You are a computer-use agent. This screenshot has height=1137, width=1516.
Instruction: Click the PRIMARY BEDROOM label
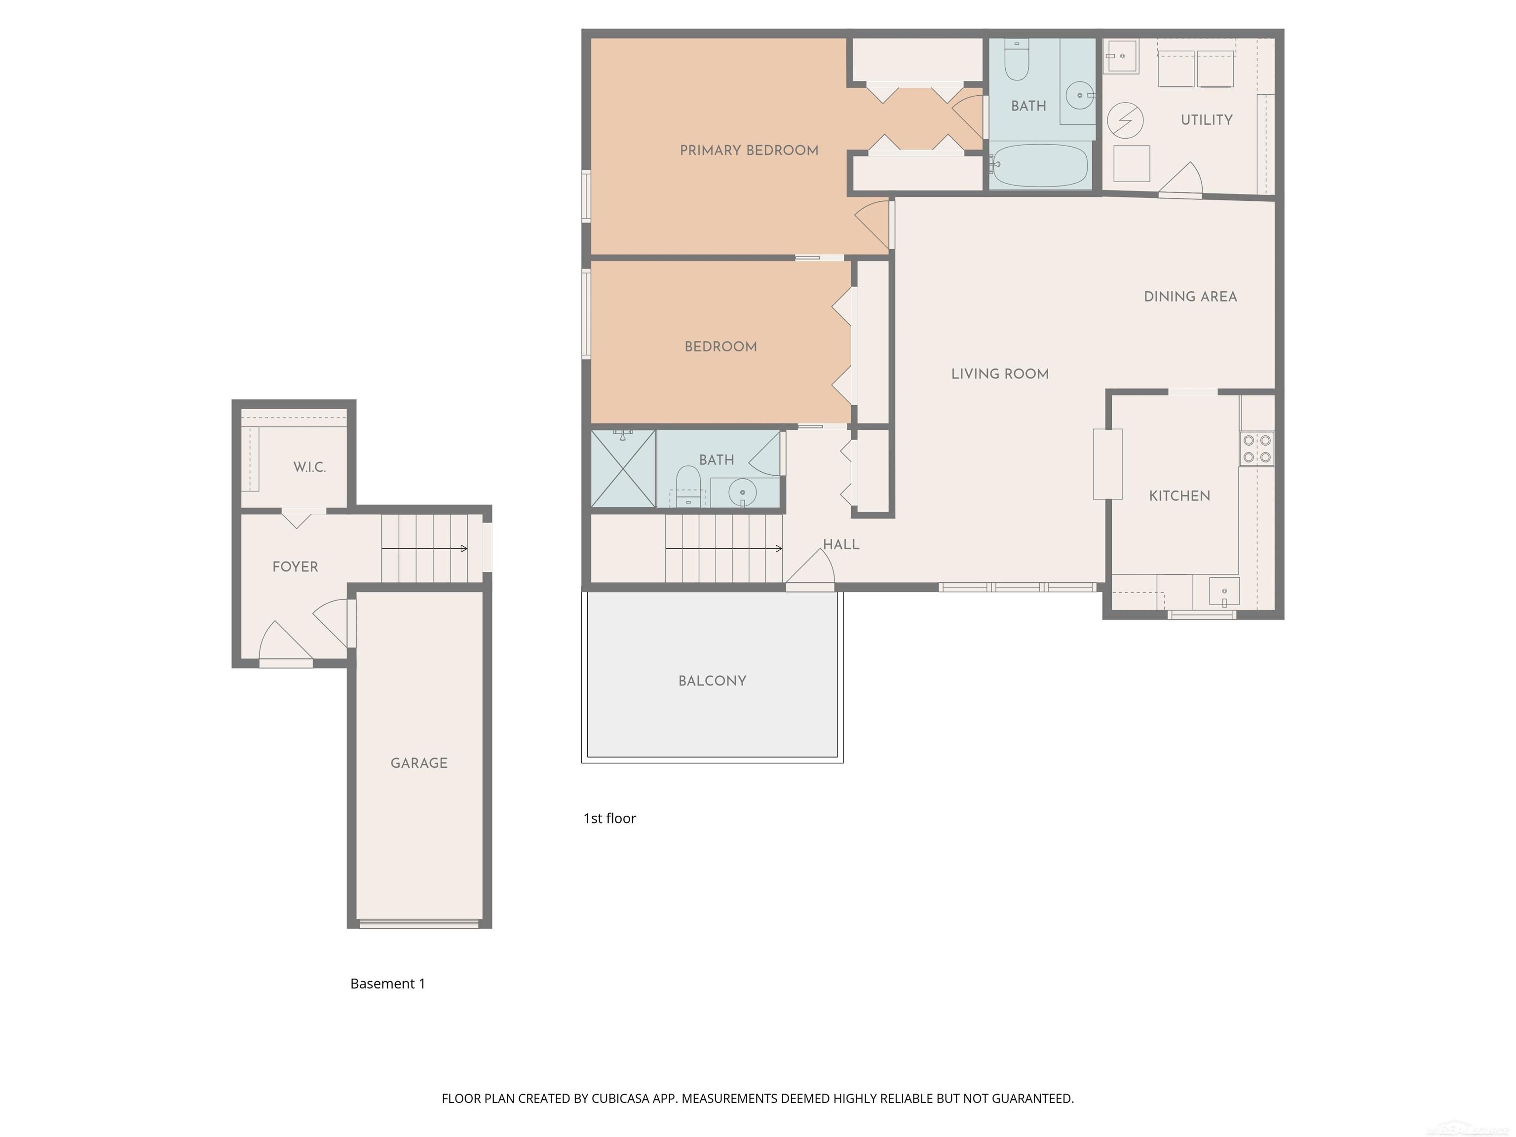(x=749, y=150)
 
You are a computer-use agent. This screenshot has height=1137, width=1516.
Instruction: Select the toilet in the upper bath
(x=1017, y=62)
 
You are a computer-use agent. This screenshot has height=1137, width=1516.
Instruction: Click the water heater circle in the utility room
(x=1125, y=120)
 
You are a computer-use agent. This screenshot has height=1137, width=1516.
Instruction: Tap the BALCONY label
(x=712, y=681)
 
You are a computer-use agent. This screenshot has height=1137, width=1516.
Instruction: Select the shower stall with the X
(x=623, y=469)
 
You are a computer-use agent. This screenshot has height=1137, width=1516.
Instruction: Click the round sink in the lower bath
(x=742, y=492)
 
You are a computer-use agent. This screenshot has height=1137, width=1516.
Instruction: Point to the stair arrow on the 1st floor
(x=724, y=548)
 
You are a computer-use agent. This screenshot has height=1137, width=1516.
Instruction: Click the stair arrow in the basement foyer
(x=425, y=548)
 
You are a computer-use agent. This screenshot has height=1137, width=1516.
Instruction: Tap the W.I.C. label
(x=309, y=467)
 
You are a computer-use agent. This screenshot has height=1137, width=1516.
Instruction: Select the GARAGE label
(x=419, y=763)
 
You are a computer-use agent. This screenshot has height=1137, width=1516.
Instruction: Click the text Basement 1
(x=387, y=984)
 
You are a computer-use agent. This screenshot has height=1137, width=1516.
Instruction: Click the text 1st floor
(x=609, y=818)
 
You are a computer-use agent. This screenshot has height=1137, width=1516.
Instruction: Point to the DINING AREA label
(x=1190, y=297)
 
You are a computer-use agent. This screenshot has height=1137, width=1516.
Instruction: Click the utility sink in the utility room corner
(x=1121, y=56)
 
